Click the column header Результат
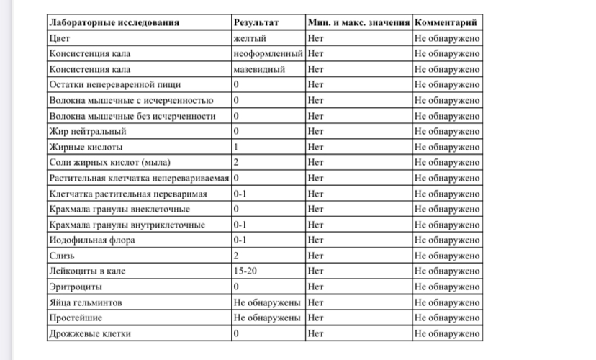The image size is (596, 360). click(x=255, y=22)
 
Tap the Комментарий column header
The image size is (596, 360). click(x=446, y=22)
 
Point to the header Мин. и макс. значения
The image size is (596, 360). click(x=358, y=22)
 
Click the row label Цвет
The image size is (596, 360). click(x=58, y=38)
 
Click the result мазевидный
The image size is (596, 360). click(x=260, y=69)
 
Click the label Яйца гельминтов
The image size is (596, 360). click(x=81, y=302)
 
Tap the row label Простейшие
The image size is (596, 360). click(x=75, y=318)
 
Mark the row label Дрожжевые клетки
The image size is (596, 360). click(x=90, y=334)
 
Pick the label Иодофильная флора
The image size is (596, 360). click(x=89, y=240)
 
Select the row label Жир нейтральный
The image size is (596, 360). click(x=87, y=132)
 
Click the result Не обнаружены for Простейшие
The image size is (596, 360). click(x=267, y=318)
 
